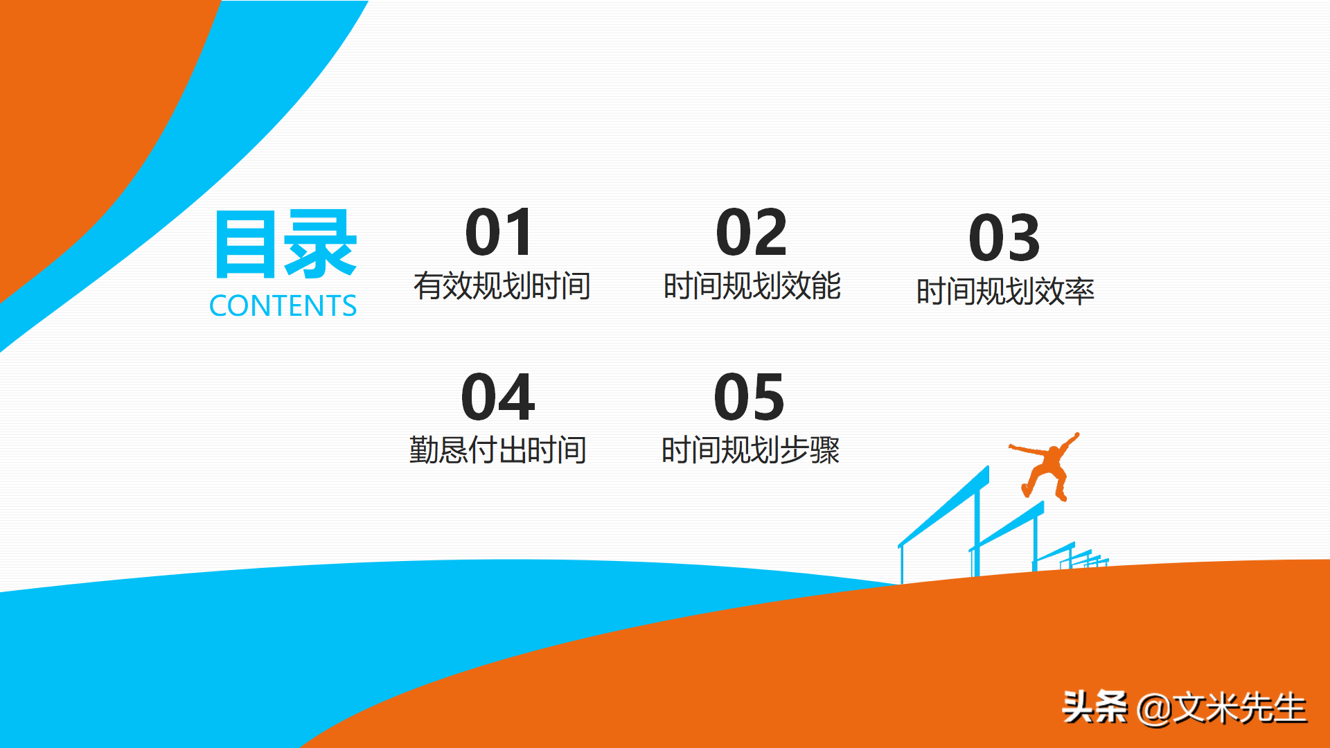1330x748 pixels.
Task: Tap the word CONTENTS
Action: pyautogui.click(x=283, y=306)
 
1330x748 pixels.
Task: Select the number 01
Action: pyautogui.click(x=499, y=233)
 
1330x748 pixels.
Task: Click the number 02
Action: pyautogui.click(x=752, y=233)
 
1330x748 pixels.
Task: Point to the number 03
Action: pyautogui.click(x=1004, y=238)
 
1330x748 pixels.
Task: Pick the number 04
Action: pyautogui.click(x=498, y=397)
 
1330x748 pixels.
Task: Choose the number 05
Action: pyautogui.click(x=750, y=397)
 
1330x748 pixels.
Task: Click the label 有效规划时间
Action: pyautogui.click(x=502, y=286)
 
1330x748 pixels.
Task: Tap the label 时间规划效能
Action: pyautogui.click(x=752, y=286)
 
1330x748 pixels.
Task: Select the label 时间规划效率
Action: pyautogui.click(x=1005, y=292)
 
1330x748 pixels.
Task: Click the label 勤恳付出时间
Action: pyautogui.click(x=498, y=450)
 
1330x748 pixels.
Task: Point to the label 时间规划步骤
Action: pyautogui.click(x=751, y=450)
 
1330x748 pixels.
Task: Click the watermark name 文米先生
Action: pyautogui.click(x=1240, y=708)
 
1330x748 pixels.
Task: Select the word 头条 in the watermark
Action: pyautogui.click(x=1095, y=707)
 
